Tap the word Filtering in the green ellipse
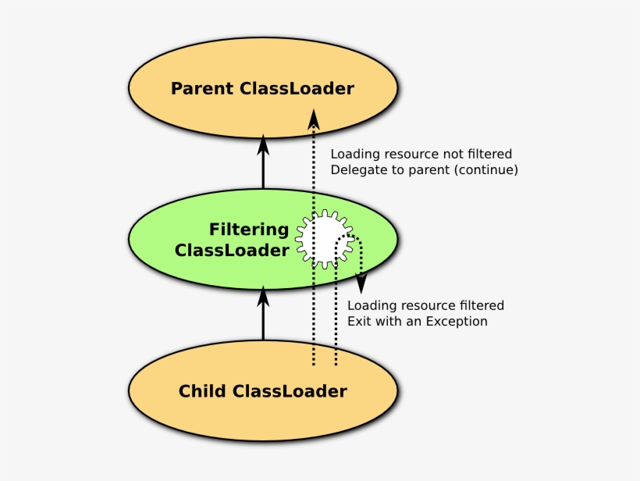point(248,230)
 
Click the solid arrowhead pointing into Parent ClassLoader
point(263,145)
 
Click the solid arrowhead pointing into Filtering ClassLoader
point(263,296)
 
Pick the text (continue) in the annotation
point(489,169)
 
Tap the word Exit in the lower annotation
point(360,322)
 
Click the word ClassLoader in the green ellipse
point(232,251)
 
